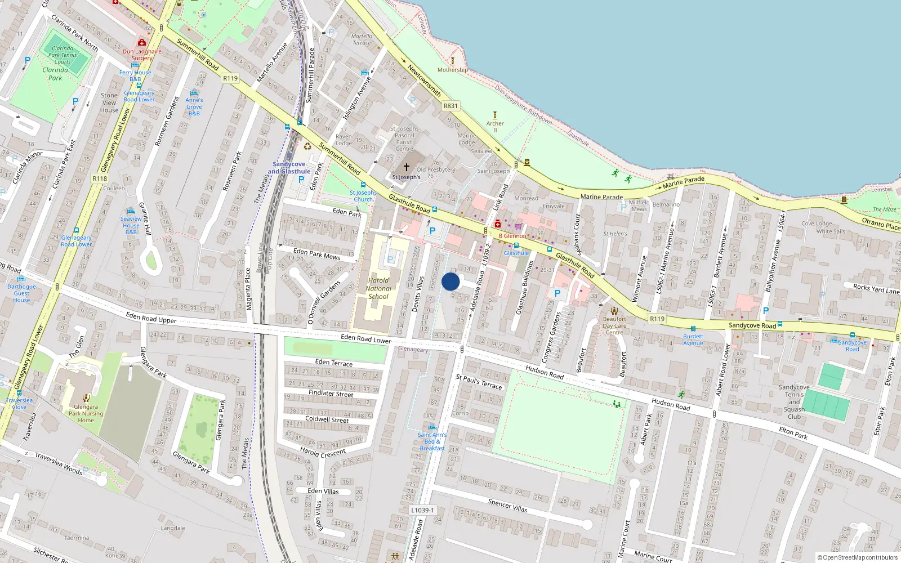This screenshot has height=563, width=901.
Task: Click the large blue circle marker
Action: click(450, 281)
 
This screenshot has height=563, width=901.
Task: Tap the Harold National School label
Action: click(378, 288)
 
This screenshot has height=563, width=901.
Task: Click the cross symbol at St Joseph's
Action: click(406, 167)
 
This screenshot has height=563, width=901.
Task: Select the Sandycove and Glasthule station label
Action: click(289, 168)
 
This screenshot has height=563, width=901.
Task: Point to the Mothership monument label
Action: click(452, 70)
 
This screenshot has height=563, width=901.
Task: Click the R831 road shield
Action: click(450, 106)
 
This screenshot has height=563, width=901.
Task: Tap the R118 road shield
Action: click(100, 178)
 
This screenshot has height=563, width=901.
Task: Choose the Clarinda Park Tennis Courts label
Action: click(62, 55)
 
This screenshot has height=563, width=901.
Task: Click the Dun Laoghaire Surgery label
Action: click(142, 55)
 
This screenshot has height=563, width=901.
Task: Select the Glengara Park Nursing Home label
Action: click(86, 413)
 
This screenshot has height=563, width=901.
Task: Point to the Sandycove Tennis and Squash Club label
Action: click(794, 402)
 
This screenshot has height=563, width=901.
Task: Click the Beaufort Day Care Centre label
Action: click(614, 325)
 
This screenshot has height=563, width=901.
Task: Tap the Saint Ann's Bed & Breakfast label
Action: click(432, 441)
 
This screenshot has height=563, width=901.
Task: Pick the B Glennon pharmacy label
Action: click(512, 236)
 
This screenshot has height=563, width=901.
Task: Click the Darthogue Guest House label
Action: click(21, 293)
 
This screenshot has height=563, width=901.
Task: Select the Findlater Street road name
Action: click(331, 394)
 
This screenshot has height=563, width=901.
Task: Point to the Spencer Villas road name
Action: click(507, 505)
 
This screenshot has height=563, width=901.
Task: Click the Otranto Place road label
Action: click(881, 224)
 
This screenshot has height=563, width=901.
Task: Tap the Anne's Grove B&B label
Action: click(194, 106)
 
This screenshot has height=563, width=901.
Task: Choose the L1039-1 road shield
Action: click(422, 510)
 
